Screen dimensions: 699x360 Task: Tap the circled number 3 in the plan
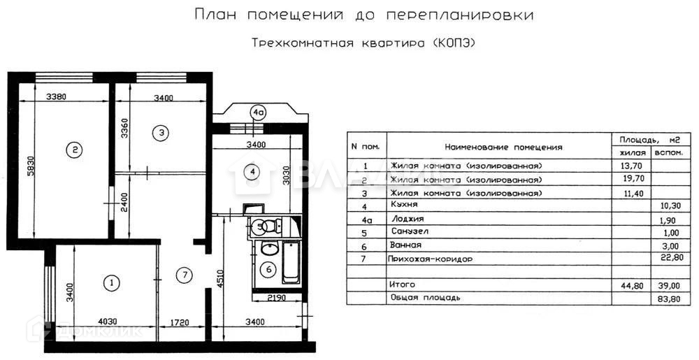161,131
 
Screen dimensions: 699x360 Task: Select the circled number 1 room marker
110,283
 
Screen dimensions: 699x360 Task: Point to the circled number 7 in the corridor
183,275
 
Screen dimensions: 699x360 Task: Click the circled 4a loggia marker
259,112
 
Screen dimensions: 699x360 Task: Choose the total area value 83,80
665,298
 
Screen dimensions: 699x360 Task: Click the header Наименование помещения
503,147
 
